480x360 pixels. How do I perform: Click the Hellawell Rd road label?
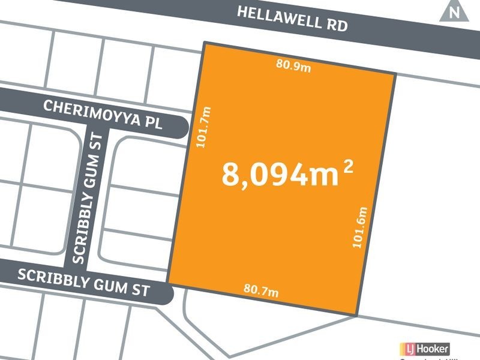coord(293,19)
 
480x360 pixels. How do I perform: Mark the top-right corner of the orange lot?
coord(395,74)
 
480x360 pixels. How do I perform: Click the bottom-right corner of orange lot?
coord(358,315)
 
